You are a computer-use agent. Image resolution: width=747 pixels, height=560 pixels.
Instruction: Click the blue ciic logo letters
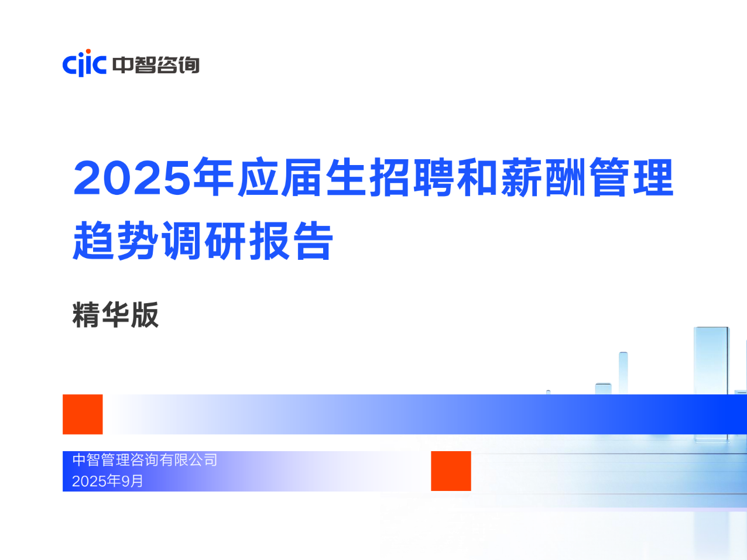click(84, 64)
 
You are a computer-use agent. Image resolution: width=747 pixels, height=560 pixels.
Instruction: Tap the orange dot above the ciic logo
click(88, 51)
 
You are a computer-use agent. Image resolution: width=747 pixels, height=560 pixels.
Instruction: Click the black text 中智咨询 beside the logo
click(156, 65)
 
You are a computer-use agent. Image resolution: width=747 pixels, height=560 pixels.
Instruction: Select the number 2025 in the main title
click(132, 178)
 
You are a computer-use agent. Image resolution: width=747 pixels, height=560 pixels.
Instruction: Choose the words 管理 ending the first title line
click(631, 177)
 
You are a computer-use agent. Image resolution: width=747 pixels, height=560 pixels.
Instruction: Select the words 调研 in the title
click(204, 241)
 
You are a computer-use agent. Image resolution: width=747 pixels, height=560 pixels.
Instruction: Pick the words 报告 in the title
click(291, 241)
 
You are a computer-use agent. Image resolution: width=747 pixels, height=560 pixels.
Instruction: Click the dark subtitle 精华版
click(115, 314)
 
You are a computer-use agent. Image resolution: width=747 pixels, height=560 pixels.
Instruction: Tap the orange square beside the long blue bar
click(83, 414)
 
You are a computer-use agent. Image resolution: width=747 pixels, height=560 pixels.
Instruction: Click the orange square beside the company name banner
click(451, 471)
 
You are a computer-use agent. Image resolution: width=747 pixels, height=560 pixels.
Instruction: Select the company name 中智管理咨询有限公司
click(145, 460)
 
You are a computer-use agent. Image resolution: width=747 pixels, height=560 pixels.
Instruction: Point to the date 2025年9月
click(108, 481)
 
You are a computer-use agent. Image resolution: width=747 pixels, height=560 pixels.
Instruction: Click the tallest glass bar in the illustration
click(711, 361)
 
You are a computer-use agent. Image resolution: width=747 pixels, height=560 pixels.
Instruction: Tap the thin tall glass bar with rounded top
click(623, 373)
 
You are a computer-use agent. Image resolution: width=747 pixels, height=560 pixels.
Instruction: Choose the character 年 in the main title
click(213, 177)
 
